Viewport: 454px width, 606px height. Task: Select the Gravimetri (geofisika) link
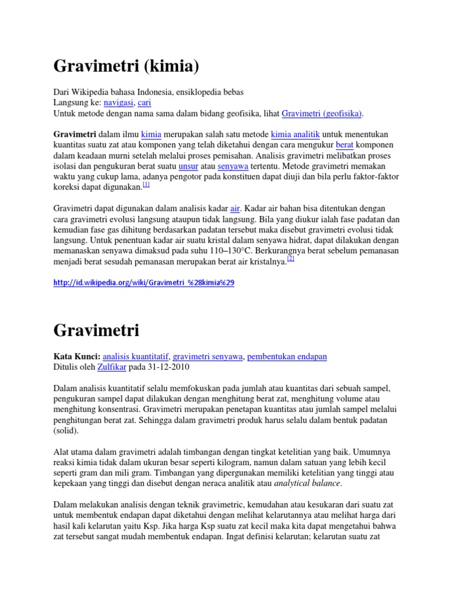322,113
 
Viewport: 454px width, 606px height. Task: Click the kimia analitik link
296,134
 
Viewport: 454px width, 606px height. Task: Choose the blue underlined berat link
345,145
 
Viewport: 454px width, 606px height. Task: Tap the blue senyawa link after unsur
232,166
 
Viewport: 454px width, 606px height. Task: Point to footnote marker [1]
146,185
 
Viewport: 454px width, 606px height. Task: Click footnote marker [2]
290,259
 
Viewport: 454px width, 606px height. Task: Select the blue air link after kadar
235,209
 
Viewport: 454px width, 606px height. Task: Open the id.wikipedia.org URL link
144,283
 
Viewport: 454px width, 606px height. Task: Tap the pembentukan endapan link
287,357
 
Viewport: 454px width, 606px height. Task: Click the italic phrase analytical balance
307,483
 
